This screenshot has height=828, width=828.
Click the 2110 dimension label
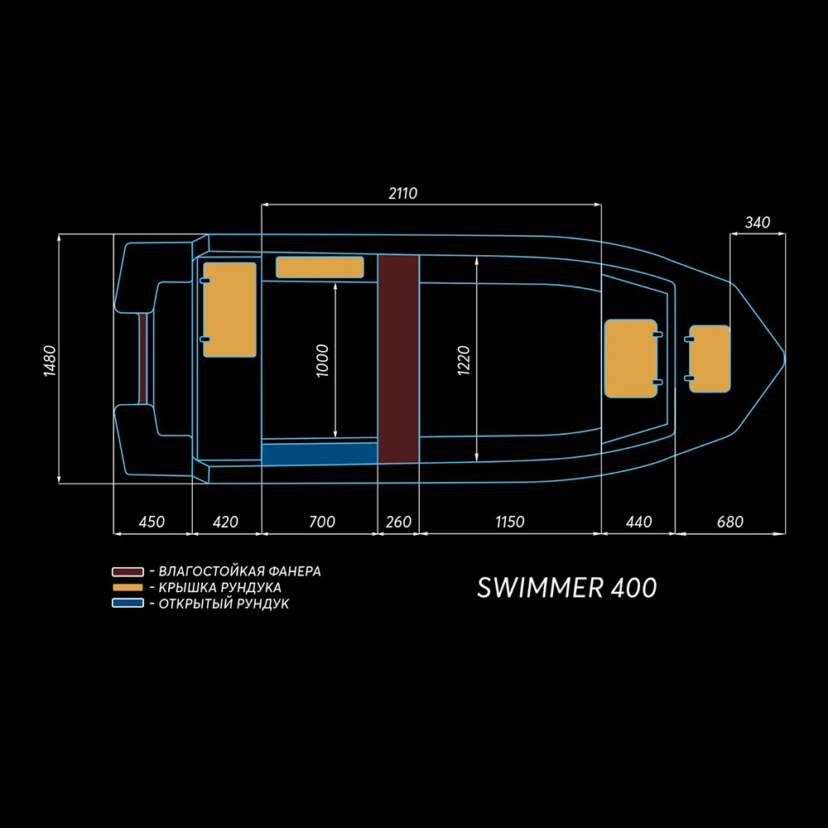(x=403, y=193)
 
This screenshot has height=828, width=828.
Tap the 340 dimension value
(x=758, y=222)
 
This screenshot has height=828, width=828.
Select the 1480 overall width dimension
(x=50, y=361)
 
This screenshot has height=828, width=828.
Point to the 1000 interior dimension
(x=322, y=361)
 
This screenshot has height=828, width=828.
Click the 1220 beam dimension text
(x=463, y=361)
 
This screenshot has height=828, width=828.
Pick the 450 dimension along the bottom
(x=152, y=522)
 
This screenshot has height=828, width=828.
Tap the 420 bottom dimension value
(x=225, y=522)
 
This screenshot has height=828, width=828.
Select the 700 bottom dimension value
(x=322, y=522)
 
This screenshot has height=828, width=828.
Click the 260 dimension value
(x=398, y=522)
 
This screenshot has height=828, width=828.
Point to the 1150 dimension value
(x=509, y=522)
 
